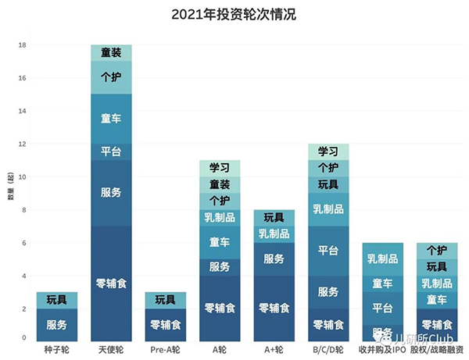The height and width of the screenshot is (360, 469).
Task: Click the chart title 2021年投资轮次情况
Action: (234, 14)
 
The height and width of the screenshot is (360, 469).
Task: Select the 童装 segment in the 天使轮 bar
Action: (111, 53)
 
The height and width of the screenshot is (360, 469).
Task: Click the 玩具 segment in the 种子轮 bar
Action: (56, 300)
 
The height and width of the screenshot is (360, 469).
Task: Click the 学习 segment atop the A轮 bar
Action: (220, 168)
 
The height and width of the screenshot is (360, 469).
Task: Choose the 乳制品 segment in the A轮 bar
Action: (220, 217)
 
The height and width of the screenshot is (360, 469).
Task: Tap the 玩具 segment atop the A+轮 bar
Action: (274, 218)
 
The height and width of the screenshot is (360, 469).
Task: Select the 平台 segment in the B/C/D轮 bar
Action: (328, 251)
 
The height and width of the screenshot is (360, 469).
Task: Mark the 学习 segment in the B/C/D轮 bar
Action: (328, 151)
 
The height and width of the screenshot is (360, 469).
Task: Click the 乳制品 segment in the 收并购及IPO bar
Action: (382, 258)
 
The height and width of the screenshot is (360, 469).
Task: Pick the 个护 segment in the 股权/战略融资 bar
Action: (437, 251)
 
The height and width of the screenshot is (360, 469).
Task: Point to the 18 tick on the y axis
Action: (23, 45)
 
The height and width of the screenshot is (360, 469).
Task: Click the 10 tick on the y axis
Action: (23, 177)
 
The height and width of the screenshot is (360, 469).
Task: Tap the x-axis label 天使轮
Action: (111, 349)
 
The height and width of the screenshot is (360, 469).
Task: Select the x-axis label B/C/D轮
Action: (328, 349)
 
